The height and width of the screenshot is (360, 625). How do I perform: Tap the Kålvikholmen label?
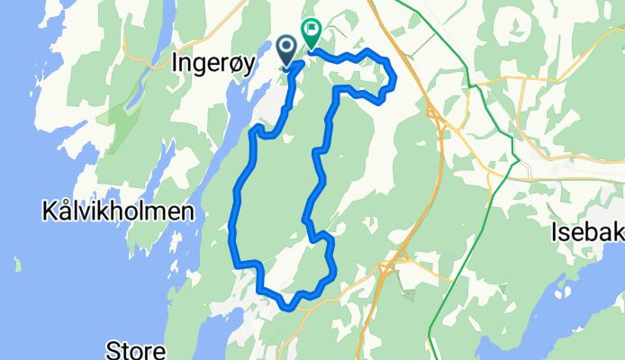click(x=118, y=212)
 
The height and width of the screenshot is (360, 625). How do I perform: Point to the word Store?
click(x=135, y=349)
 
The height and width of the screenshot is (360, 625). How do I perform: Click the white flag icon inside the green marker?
click(x=312, y=30)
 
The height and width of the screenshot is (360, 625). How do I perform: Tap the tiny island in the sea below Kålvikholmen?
click(x=17, y=264)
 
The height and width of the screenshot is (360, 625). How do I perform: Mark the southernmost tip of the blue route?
click(x=287, y=308)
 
